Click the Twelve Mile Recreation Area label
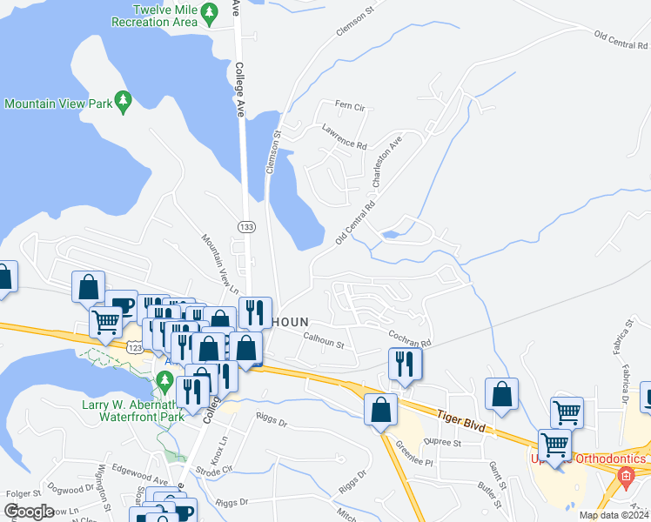tap(152, 15)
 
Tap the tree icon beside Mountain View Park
tap(124, 103)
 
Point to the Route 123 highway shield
tap(134, 347)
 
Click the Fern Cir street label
tap(352, 106)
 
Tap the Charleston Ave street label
tap(386, 161)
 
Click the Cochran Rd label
tap(410, 338)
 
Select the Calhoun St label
tap(324, 338)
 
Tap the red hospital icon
tap(623, 476)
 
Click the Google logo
tap(30, 511)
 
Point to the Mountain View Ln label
tap(219, 262)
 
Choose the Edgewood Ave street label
tap(144, 481)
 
